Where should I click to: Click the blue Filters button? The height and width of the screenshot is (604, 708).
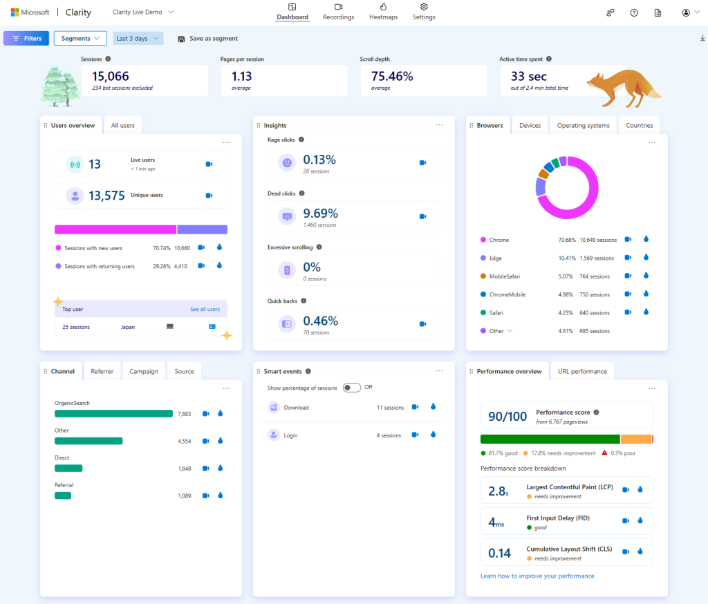point(26,39)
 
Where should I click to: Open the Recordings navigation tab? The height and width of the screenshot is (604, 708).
point(339,12)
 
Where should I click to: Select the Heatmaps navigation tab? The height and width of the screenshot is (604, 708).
point(383,12)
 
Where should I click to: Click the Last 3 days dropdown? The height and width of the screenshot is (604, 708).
point(138,39)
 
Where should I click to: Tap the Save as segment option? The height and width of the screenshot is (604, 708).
point(208,39)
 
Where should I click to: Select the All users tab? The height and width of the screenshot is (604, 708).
point(123,125)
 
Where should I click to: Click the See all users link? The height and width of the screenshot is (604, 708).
point(205,309)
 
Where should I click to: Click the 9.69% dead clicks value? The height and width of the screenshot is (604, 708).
point(320,213)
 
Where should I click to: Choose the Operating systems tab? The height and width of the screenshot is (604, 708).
point(583,125)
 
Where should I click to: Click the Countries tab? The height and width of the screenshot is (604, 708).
point(639,125)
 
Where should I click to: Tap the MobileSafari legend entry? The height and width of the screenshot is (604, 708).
point(504,276)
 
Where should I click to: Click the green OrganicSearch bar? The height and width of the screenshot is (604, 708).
point(113,413)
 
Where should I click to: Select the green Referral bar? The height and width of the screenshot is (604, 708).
point(63,496)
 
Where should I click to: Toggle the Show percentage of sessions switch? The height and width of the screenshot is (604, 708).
point(351,387)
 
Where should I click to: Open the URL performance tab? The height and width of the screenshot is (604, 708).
point(582,371)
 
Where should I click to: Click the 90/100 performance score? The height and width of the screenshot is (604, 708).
point(507,416)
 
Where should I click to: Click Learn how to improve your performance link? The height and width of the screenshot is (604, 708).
point(537,576)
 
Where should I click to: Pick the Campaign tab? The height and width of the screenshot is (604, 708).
point(144,371)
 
